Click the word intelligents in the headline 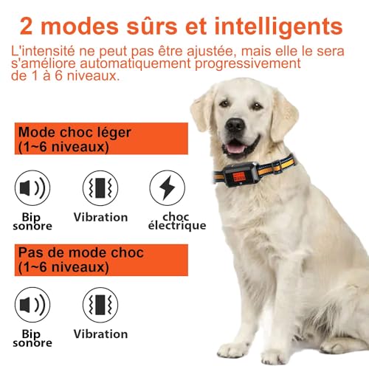coord(278,27)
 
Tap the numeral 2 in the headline coord(27,27)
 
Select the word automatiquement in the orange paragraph coord(135,63)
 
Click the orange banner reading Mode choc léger coord(101,139)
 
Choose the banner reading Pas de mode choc coord(101,260)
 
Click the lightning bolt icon coord(168,187)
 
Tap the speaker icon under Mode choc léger coord(32,188)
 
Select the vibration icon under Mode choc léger coord(100,188)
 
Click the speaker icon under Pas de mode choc coord(32,305)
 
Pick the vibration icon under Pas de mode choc coord(100,305)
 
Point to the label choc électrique coord(177,221)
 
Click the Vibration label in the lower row coord(100,334)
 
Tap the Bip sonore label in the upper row coord(32,221)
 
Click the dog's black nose coord(235,125)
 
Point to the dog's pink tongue coord(235,148)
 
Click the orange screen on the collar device coord(238,176)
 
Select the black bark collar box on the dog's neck coord(241,174)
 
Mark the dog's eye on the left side coord(224,103)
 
